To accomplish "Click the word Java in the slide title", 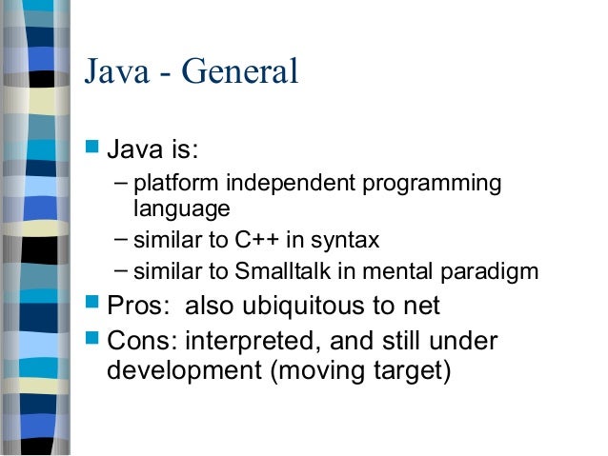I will [x=115, y=72].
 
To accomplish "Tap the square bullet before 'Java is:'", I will [x=91, y=149].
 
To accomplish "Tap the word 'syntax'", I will [x=354, y=239].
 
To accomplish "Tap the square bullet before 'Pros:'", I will [x=91, y=306].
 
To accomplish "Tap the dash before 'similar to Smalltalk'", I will [x=121, y=270].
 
